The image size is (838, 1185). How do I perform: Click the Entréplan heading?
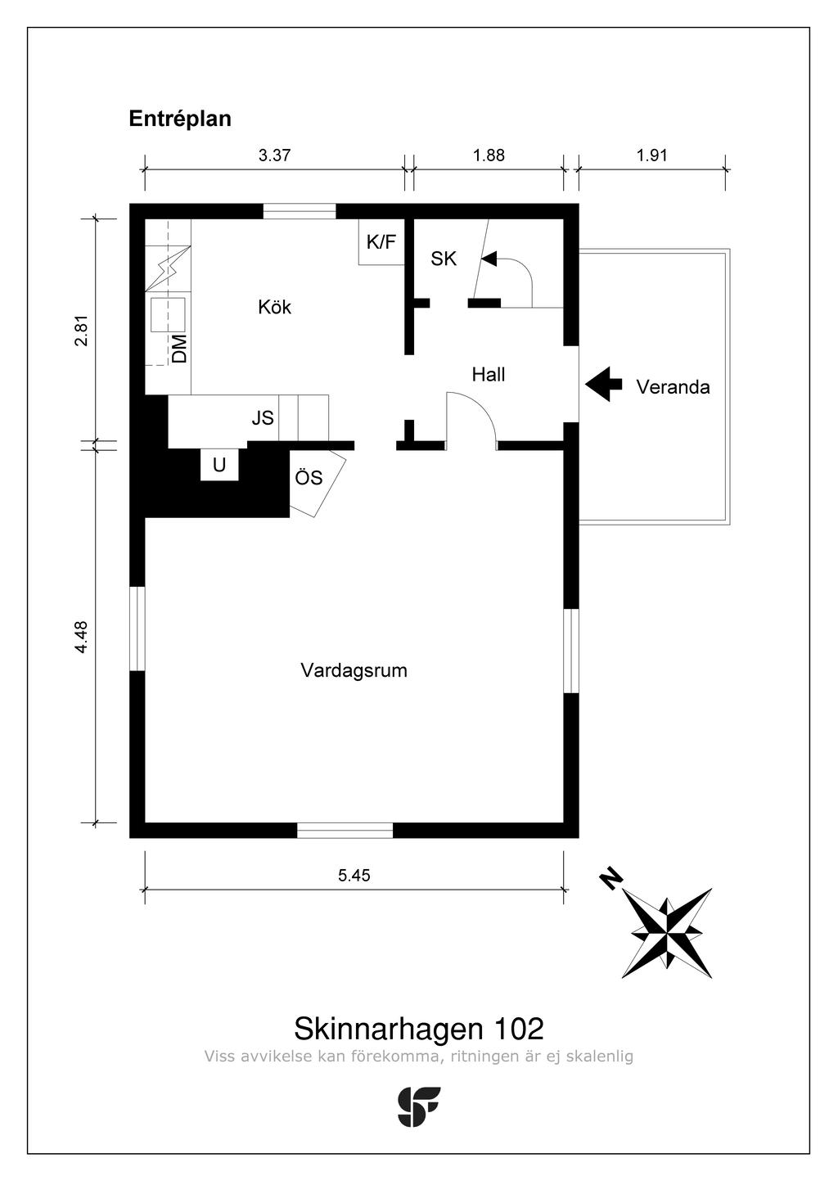(180, 119)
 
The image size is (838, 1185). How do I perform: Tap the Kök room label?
(274, 307)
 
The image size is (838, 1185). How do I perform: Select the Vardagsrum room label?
(354, 671)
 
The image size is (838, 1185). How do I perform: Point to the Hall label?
(489, 375)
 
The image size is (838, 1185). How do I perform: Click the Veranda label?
(673, 387)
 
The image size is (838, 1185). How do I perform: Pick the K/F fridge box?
(381, 242)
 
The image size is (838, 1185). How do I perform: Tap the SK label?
(444, 259)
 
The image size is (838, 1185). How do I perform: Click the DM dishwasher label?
(180, 348)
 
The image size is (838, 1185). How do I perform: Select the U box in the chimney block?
(219, 466)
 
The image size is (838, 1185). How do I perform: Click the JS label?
(263, 418)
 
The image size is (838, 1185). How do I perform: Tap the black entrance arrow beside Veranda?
(604, 384)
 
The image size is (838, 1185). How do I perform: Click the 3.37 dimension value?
(275, 155)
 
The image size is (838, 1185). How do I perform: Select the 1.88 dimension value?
(489, 155)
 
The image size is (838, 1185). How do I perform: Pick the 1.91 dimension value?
(652, 155)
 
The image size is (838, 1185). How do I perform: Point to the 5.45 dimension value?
(354, 875)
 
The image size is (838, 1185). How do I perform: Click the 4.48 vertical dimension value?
(80, 637)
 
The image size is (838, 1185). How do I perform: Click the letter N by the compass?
(610, 879)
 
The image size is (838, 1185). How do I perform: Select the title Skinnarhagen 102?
(418, 1028)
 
